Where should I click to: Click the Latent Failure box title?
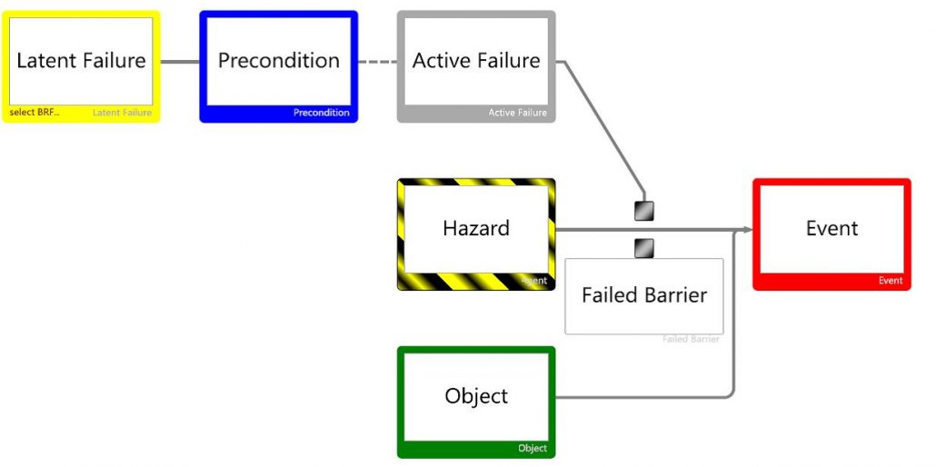[x=81, y=61]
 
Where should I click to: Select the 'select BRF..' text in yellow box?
[x=34, y=113]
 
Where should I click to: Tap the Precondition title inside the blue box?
[x=279, y=61]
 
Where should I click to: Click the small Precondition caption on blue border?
[x=321, y=113]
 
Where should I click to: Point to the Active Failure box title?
[x=476, y=61]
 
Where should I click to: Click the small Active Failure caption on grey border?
[x=517, y=113]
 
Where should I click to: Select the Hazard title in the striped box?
[x=476, y=228]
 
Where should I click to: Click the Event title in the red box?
[x=831, y=228]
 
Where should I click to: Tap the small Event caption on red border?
[x=890, y=281]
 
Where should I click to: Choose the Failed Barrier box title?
[x=644, y=295]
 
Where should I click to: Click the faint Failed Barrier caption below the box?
[x=691, y=339]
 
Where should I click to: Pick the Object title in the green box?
[x=476, y=396]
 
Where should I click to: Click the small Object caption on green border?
[x=533, y=448]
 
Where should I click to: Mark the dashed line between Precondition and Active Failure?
[x=377, y=62]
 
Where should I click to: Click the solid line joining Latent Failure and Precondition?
[x=179, y=62]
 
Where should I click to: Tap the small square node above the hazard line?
[x=643, y=211]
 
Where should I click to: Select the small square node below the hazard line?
[x=643, y=247]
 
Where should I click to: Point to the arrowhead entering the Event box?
[x=748, y=230]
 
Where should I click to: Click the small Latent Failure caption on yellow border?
[x=122, y=113]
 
